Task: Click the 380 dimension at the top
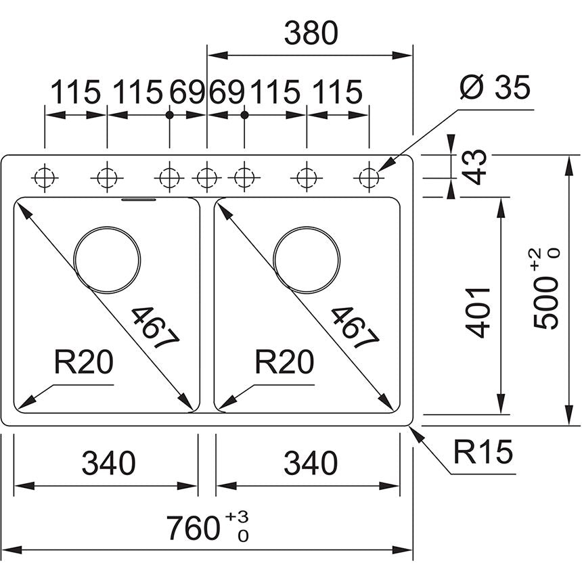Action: (x=310, y=33)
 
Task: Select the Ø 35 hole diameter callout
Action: (x=494, y=87)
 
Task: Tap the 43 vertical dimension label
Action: (x=478, y=166)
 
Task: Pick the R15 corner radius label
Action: (x=483, y=453)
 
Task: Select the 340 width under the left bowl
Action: (x=108, y=464)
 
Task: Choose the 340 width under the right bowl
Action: (x=310, y=464)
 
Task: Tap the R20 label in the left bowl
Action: (x=83, y=364)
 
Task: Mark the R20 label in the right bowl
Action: (x=284, y=364)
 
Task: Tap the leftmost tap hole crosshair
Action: (x=45, y=178)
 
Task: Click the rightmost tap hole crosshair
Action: (x=369, y=178)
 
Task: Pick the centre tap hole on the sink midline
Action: (x=206, y=178)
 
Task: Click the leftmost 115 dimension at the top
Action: (x=76, y=91)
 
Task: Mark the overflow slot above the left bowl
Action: (x=139, y=200)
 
